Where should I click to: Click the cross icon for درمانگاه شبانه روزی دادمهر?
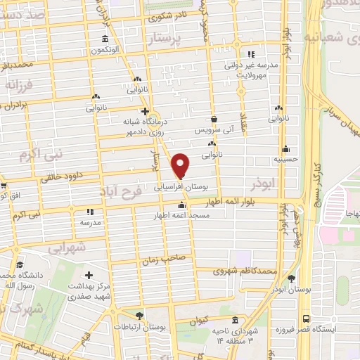tap(145, 110)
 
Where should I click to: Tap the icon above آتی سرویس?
tap(214, 120)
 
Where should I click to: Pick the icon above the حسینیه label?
tap(285, 149)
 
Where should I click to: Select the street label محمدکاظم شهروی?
tap(245, 270)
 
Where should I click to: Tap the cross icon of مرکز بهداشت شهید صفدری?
tap(89, 275)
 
